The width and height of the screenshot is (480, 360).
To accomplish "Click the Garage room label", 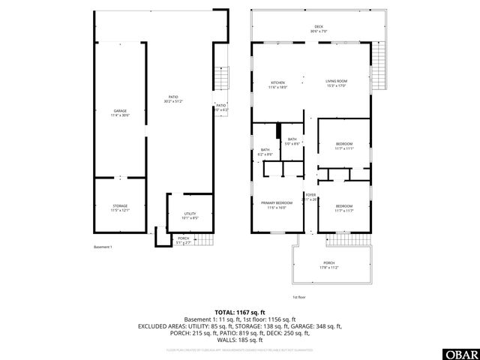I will tap(120, 111).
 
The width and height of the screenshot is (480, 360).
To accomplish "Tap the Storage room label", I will tap(120, 205).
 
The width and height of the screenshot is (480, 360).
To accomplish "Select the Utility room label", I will tap(190, 214).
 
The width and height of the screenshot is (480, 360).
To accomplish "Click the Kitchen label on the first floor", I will tap(278, 82).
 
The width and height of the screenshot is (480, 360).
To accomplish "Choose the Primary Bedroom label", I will tap(277, 203).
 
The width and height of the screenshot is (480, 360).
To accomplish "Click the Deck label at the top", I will tap(319, 27).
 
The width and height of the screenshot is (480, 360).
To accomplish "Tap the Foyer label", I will tap(310, 195).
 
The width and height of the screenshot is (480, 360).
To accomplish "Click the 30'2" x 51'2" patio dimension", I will tap(174, 100).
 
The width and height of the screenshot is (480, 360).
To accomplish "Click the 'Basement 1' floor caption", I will tap(103, 247).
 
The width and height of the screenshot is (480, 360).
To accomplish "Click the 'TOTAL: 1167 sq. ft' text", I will tap(240, 312).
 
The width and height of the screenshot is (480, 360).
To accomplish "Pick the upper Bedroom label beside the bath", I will tap(344, 144).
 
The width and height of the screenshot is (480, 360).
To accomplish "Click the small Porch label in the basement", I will tap(183, 238).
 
